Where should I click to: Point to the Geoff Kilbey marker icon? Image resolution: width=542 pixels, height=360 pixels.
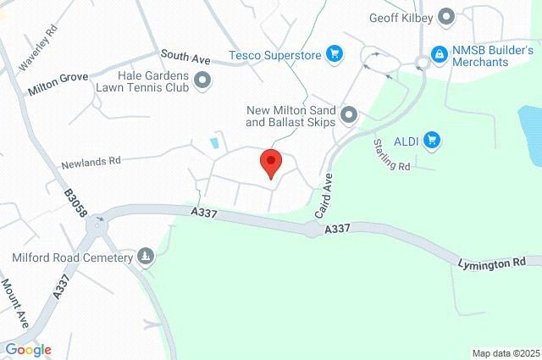click(x=448, y=16)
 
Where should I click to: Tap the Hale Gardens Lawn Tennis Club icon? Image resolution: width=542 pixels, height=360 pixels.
click(x=202, y=80)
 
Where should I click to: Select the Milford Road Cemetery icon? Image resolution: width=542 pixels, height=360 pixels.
click(x=146, y=257)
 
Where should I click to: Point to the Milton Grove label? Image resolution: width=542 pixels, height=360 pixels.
click(x=57, y=82)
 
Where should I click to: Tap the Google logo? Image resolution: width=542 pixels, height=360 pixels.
click(x=27, y=350)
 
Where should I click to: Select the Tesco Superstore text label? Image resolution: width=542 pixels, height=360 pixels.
click(x=275, y=56)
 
